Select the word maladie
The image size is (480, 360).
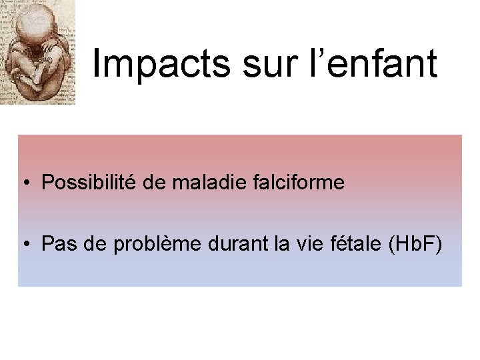[x=200, y=183]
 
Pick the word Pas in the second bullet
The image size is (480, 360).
[x=57, y=245]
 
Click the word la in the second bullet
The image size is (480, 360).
[x=267, y=245]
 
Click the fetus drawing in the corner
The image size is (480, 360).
[x=38, y=52]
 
